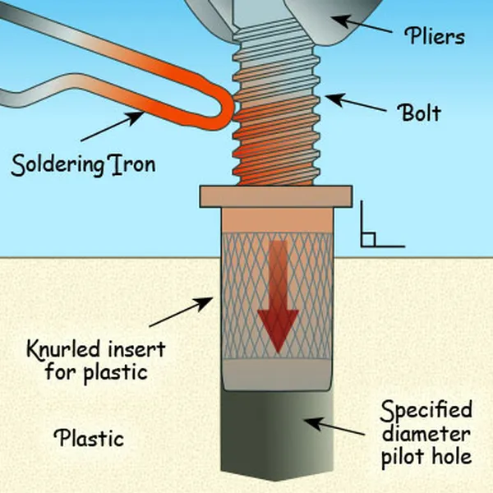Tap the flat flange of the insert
[276, 197]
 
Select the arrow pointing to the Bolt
[354, 106]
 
